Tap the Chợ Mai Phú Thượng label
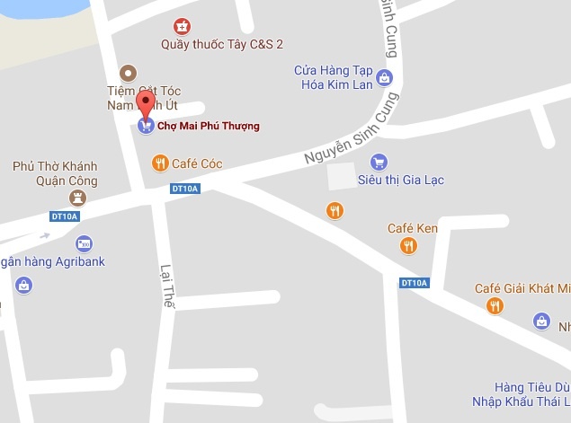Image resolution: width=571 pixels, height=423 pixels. point(208,126)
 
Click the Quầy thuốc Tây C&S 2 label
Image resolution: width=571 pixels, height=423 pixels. point(222,44)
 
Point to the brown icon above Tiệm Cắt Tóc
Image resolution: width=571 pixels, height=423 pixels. point(129,73)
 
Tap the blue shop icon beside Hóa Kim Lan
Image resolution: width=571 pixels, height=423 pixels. point(385,78)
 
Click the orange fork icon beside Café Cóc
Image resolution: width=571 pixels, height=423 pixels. point(160,163)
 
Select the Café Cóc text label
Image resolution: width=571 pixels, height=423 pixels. point(198,163)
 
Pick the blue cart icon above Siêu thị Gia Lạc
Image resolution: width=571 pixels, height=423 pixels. point(379,163)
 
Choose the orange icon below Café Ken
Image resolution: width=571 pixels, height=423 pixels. point(409,245)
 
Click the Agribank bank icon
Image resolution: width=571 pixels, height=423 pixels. point(84,242)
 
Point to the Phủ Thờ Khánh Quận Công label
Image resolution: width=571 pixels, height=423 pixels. point(55,173)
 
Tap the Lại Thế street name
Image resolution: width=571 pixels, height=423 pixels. point(166,286)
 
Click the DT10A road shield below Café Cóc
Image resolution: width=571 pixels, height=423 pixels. point(184,189)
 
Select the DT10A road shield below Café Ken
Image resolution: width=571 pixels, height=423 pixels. point(415,283)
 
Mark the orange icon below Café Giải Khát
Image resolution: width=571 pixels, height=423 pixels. point(495,306)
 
